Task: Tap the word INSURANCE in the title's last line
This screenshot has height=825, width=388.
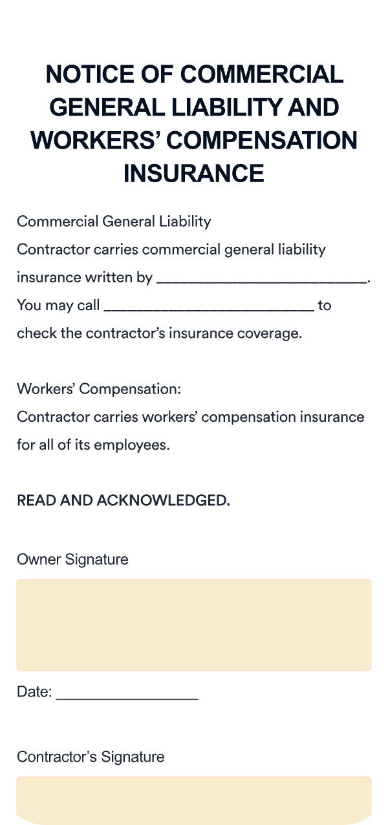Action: pyautogui.click(x=194, y=173)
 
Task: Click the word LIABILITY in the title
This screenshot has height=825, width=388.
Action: pyautogui.click(x=210, y=107)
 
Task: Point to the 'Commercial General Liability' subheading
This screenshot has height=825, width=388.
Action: pyautogui.click(x=114, y=222)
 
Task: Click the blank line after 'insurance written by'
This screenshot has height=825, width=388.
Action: pyautogui.click(x=261, y=279)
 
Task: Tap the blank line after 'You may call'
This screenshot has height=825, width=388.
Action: pyautogui.click(x=209, y=306)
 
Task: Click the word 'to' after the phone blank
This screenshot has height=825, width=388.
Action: pyautogui.click(x=324, y=306)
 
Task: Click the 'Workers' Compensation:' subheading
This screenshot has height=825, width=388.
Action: pyautogui.click(x=99, y=390)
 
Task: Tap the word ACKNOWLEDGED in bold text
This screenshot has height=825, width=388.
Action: pyautogui.click(x=163, y=501)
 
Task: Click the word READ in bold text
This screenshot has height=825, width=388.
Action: pyautogui.click(x=36, y=501)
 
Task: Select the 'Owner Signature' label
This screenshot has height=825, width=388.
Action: pyautogui.click(x=72, y=559)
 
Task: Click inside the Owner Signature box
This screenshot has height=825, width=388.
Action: pyautogui.click(x=194, y=625)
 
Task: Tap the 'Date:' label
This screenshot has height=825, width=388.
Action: pyautogui.click(x=34, y=692)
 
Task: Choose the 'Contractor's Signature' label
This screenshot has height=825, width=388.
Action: pyautogui.click(x=91, y=757)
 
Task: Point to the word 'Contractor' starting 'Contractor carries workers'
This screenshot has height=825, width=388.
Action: pyautogui.click(x=48, y=417)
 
